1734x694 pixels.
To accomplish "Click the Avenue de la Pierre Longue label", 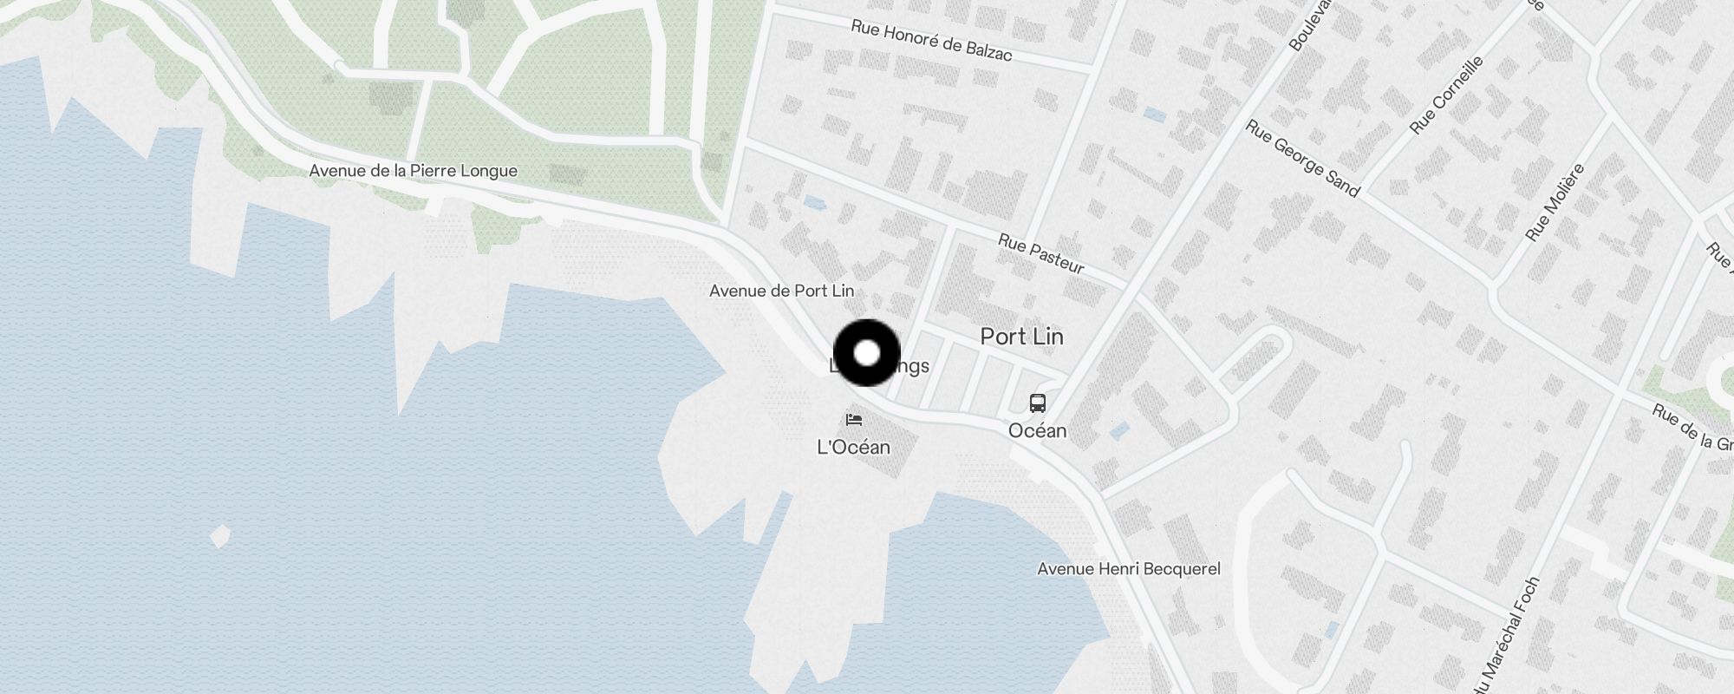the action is point(413,171).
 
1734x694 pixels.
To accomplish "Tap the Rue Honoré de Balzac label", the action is point(931,41).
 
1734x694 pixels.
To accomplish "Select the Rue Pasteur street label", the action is point(1040,253).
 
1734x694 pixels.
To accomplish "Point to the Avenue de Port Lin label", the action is point(781,291).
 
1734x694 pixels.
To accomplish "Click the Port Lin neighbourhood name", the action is point(1021,337).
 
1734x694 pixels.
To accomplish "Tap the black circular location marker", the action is point(867,353).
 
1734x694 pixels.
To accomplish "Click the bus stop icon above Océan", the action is point(1037,403).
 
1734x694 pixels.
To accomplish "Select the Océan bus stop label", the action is point(1037,430).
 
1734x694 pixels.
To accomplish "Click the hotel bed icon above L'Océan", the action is point(854,421).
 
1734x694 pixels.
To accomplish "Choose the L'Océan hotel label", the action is point(854,447).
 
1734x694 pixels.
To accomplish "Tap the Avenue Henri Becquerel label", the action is point(1129,569).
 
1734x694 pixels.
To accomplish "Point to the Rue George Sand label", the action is point(1302,158).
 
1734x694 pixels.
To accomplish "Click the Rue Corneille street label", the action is point(1446,95).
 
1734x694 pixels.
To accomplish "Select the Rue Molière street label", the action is point(1555,202).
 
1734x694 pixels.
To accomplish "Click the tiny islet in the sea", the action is point(220,536).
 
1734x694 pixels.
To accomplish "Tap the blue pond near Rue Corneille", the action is point(1154,114).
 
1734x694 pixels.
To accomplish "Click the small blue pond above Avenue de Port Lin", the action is point(814,203).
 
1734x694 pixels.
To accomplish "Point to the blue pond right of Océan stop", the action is point(1118,429).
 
